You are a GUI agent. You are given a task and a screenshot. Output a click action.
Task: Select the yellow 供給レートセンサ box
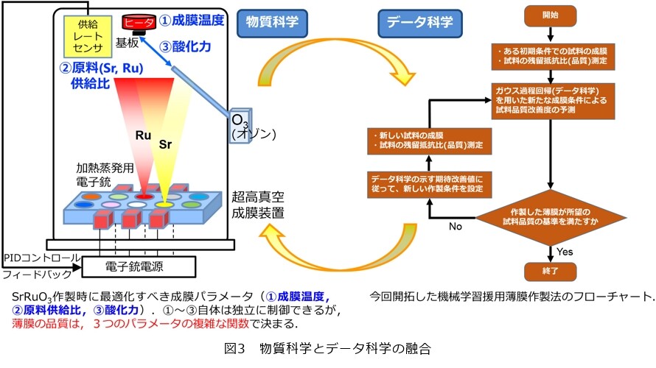[x=88, y=36]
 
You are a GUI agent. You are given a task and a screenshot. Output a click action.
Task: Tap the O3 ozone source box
[x=240, y=125]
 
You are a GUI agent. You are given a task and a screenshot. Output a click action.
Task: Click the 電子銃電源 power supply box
[x=139, y=267]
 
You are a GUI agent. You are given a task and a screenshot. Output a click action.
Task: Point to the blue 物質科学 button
[x=272, y=23]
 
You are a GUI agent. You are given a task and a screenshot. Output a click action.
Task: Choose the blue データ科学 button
[x=419, y=23]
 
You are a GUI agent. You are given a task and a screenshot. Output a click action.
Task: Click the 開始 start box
[x=550, y=15]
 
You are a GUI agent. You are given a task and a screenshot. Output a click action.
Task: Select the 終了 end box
[x=550, y=271]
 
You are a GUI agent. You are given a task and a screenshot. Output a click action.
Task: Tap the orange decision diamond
[x=551, y=217]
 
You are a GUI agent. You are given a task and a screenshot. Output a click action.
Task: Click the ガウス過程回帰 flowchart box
[x=553, y=101]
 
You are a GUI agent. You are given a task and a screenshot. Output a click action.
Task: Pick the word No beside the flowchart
[x=456, y=227]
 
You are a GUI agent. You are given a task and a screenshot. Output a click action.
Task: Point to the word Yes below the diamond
[x=565, y=252]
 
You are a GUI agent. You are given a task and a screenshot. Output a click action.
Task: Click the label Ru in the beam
[x=143, y=135]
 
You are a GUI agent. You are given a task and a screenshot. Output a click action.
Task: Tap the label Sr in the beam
[x=165, y=144]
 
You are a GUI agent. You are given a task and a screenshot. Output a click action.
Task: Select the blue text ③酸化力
[x=185, y=46]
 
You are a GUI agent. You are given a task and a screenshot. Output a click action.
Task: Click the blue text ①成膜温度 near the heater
[x=192, y=20]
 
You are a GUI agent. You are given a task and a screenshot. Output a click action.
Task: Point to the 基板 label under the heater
[x=128, y=43]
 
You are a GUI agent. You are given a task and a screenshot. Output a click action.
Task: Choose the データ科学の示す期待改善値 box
[x=429, y=184]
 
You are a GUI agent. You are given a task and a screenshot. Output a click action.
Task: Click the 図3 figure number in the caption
[x=234, y=348]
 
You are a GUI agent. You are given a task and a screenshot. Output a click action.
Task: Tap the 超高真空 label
[x=258, y=197]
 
